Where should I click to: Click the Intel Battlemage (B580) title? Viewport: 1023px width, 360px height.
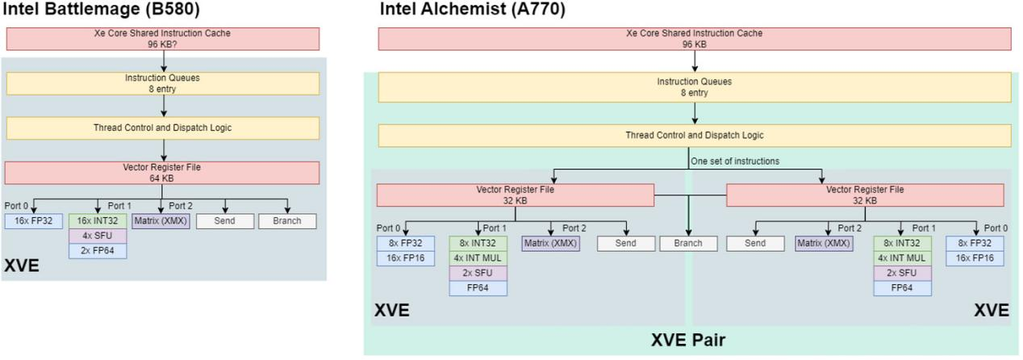(103, 11)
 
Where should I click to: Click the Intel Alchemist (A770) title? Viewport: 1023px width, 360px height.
(472, 10)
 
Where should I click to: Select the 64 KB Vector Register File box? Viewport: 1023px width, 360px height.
(162, 173)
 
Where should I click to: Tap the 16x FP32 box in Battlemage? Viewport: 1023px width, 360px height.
(33, 221)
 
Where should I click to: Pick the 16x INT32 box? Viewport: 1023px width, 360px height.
(98, 221)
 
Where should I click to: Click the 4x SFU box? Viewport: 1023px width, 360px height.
(98, 236)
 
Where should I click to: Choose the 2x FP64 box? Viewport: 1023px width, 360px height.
(98, 250)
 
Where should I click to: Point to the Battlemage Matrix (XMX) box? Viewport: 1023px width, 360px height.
(161, 221)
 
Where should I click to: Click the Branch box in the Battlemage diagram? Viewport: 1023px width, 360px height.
(287, 221)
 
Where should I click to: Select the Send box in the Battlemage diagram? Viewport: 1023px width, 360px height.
(223, 221)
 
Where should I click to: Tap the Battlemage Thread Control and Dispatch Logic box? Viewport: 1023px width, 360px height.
(162, 127)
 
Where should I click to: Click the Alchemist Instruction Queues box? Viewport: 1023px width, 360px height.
(694, 87)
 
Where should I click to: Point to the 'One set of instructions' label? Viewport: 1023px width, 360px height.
(735, 161)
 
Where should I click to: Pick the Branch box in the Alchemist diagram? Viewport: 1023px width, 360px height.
(688, 243)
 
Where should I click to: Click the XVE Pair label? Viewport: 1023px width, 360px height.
(688, 341)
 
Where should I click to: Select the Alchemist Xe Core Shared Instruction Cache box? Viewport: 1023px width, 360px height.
(694, 39)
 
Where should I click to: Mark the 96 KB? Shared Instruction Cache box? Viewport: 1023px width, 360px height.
(162, 39)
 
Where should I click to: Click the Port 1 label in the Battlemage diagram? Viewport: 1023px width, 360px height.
(119, 206)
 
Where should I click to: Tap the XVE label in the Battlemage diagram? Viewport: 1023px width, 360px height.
(23, 266)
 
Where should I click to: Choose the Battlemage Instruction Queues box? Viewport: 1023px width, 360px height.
(162, 82)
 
